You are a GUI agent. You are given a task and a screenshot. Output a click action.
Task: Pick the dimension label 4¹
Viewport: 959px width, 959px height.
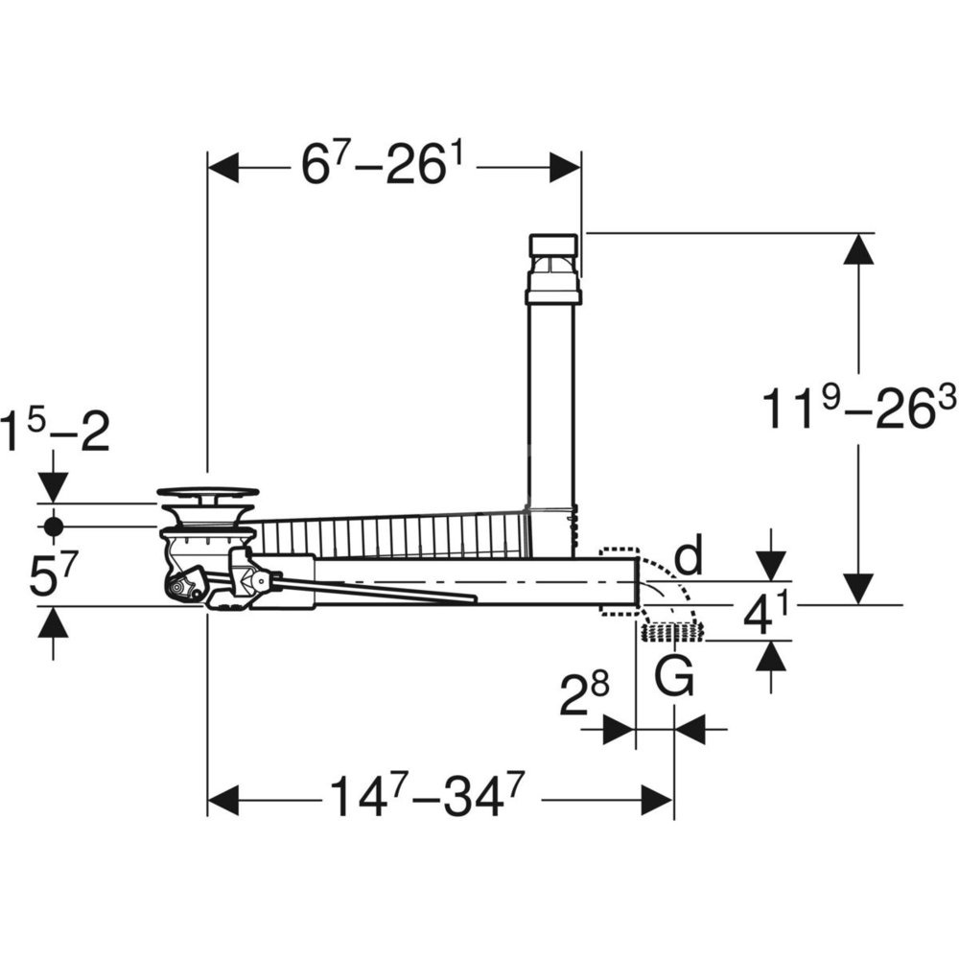pos(766,616)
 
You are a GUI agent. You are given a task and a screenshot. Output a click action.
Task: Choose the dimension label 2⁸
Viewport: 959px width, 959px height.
pos(585,695)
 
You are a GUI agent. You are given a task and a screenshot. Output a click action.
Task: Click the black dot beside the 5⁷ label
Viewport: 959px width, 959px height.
pos(53,526)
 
